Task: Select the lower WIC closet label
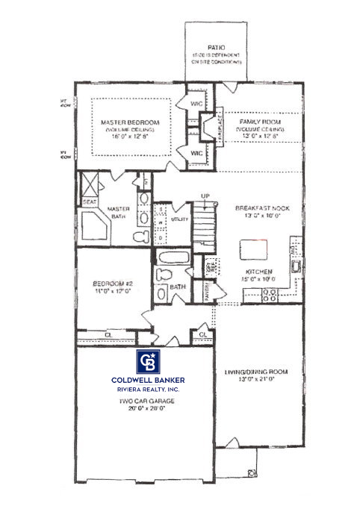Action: click(x=198, y=153)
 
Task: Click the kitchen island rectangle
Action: click(x=252, y=249)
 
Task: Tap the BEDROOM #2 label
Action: click(x=113, y=284)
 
